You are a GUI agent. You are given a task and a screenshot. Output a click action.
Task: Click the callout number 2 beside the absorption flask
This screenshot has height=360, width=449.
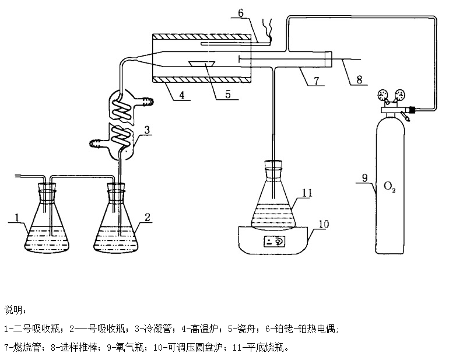(x=148, y=217)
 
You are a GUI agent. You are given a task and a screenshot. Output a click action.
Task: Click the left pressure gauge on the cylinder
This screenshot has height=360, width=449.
(x=383, y=96)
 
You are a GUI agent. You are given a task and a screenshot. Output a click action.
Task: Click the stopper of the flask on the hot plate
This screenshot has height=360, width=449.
(x=273, y=165)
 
